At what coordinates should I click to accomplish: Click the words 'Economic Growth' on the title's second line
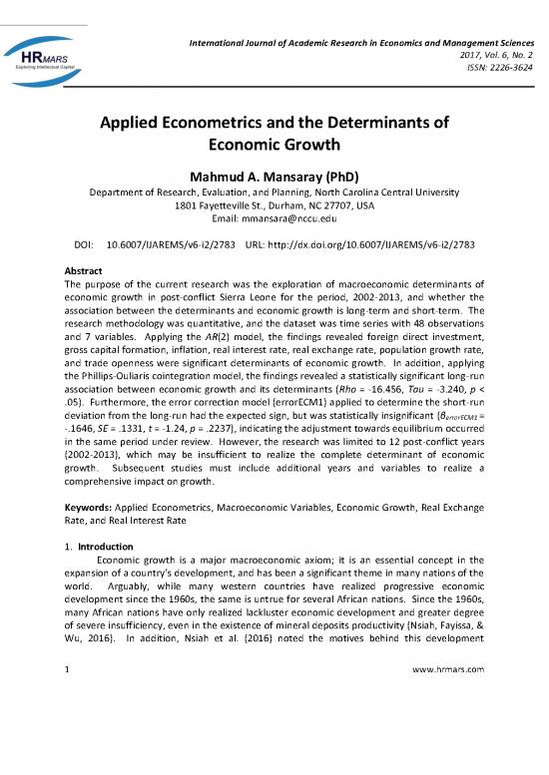pos(274,150)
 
